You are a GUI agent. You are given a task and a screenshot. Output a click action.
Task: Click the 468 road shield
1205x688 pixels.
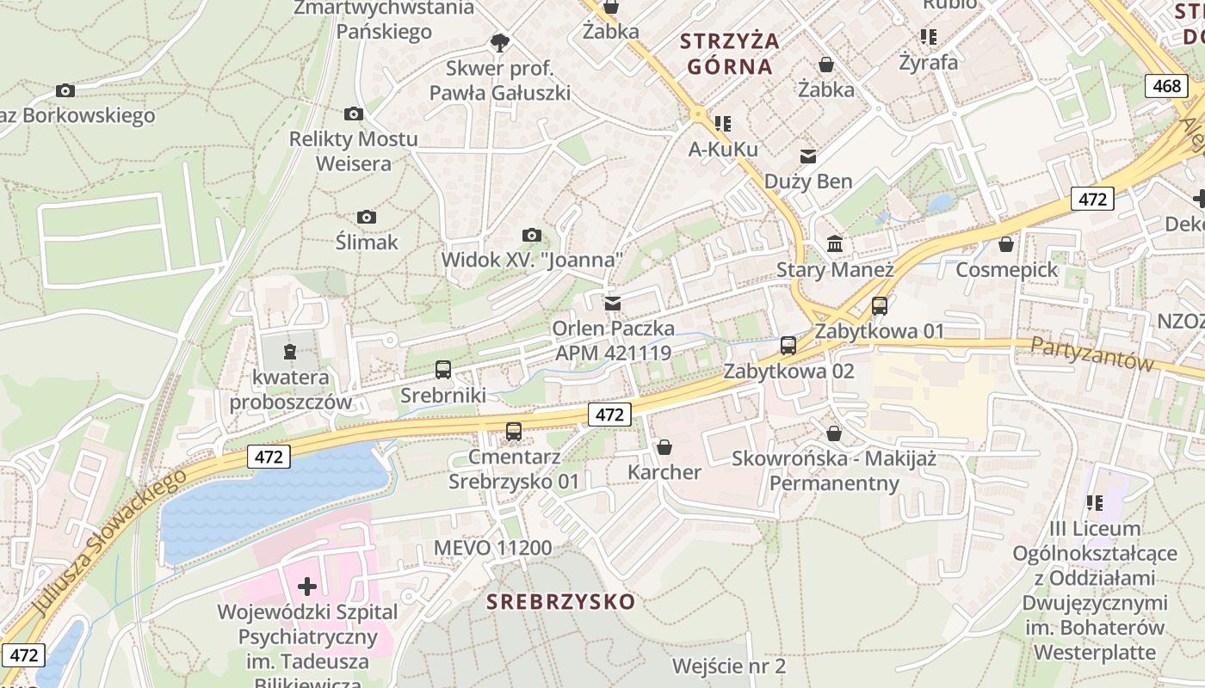1166,86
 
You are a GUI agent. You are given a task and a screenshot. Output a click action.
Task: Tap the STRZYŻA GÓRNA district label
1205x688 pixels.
729,52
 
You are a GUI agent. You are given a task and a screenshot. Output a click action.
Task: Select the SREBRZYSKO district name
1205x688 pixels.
560,601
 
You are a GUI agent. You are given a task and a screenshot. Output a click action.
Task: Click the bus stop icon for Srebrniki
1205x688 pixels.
443,370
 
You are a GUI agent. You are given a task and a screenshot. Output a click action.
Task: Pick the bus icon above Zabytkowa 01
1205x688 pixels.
879,305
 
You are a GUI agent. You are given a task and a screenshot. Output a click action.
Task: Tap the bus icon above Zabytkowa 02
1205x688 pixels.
788,346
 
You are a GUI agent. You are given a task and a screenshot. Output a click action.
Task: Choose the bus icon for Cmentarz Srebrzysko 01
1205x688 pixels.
514,431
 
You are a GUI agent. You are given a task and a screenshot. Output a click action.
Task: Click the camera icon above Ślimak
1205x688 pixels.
367,217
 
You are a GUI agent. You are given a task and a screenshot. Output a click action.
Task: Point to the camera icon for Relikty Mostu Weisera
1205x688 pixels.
353,114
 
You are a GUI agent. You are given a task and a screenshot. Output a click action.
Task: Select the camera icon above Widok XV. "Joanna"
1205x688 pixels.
532,235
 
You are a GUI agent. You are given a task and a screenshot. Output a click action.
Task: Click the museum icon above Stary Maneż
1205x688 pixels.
835,244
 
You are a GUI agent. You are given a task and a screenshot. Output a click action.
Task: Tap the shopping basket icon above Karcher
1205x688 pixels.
664,447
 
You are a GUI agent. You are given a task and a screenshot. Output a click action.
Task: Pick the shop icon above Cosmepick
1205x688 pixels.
1005,245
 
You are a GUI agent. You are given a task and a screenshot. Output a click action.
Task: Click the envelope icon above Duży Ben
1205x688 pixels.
808,156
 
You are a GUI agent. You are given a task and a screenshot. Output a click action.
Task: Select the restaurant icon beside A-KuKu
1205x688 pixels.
723,124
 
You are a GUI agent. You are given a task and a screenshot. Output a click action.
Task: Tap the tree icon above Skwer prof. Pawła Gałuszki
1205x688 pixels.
499,41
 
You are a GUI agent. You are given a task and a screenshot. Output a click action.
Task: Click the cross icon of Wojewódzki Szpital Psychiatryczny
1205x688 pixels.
307,587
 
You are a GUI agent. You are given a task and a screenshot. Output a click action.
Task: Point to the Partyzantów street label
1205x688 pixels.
1091,353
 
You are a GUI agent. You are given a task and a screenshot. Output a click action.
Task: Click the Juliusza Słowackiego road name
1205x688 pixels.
109,543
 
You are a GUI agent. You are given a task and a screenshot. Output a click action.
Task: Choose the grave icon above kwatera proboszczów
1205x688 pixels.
290,351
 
